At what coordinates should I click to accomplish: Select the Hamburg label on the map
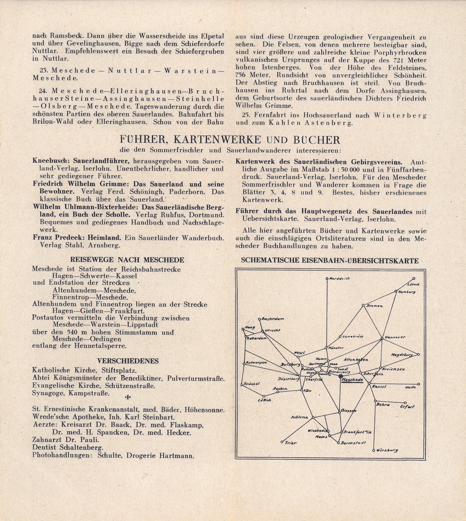point(407,292)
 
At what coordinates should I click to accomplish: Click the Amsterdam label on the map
point(273,319)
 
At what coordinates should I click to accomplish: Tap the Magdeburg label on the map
point(402,355)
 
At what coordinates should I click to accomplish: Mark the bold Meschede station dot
point(340,376)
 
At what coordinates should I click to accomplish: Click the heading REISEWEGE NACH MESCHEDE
point(127,260)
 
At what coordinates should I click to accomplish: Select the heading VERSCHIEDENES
point(128,361)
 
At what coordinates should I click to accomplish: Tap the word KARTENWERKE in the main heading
point(217,140)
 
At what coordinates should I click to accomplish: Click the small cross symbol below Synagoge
point(128,397)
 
